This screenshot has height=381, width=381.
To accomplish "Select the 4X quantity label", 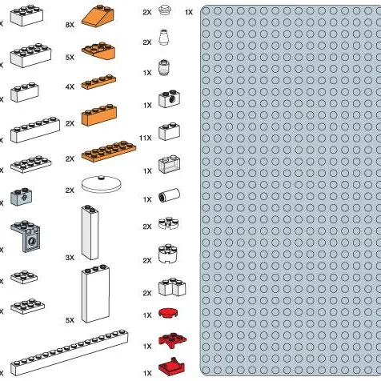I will tap(70, 86).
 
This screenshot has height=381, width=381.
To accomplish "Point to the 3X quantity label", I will tap(70, 258).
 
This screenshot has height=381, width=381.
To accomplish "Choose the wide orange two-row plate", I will tap(109, 148).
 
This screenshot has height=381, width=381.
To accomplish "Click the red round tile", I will tap(168, 312).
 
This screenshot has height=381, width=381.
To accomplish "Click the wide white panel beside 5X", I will tap(94, 294).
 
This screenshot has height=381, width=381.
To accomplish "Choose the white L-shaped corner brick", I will tap(170, 287).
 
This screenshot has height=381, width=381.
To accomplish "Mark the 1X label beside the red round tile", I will tap(147, 315).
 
